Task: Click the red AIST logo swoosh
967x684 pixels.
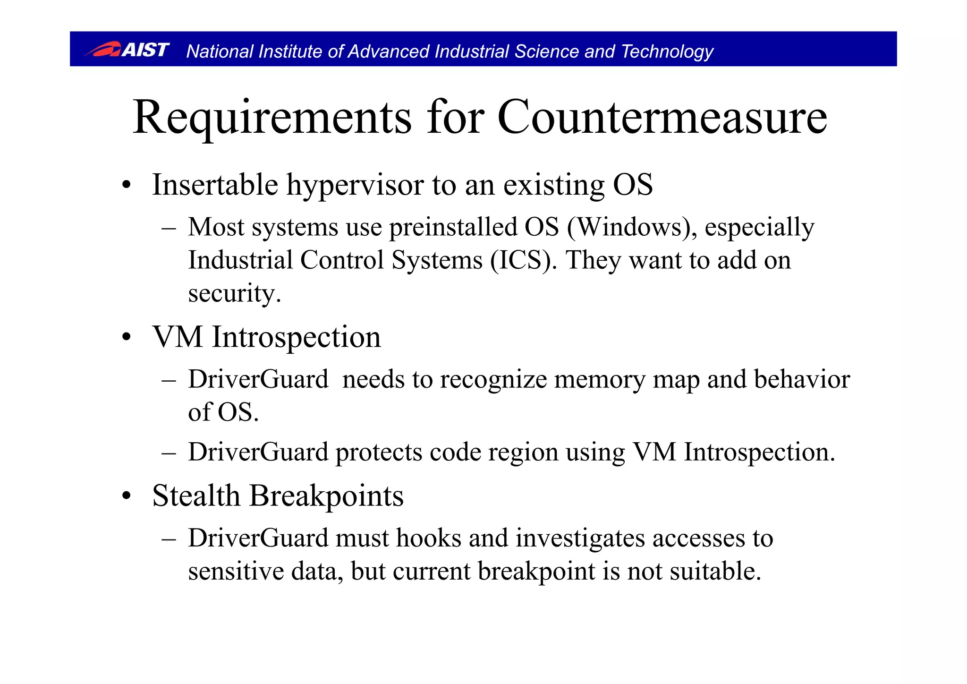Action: pyautogui.click(x=103, y=50)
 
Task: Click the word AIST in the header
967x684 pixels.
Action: pyautogui.click(x=145, y=50)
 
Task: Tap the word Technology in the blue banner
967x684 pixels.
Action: pyautogui.click(x=667, y=51)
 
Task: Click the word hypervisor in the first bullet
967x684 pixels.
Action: pyautogui.click(x=355, y=185)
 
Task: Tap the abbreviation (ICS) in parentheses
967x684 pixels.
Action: pyautogui.click(x=520, y=260)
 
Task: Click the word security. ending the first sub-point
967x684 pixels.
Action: pyautogui.click(x=234, y=294)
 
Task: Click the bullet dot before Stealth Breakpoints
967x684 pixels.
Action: pyautogui.click(x=126, y=497)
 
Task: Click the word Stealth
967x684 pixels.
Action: pyautogui.click(x=196, y=496)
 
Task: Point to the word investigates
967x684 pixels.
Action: pyautogui.click(x=580, y=539)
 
